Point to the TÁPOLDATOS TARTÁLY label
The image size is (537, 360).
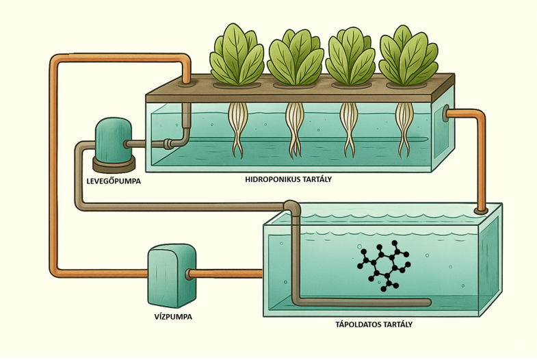pyautogui.click(x=374, y=324)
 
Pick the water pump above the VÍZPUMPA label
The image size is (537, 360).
pyautogui.click(x=172, y=275)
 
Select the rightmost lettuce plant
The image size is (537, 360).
pyautogui.click(x=408, y=56)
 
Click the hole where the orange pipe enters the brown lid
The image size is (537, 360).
pyautogui.click(x=186, y=83)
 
